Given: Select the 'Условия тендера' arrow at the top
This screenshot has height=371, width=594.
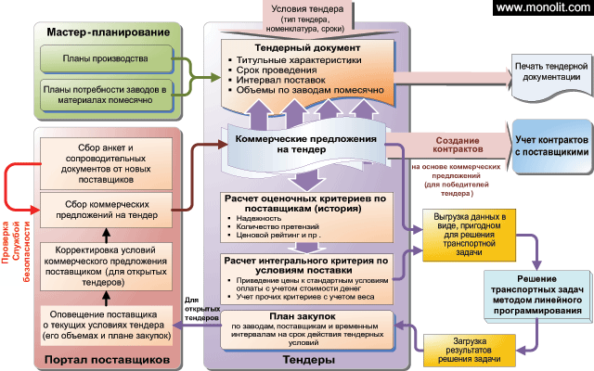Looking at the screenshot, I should click(307, 17).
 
